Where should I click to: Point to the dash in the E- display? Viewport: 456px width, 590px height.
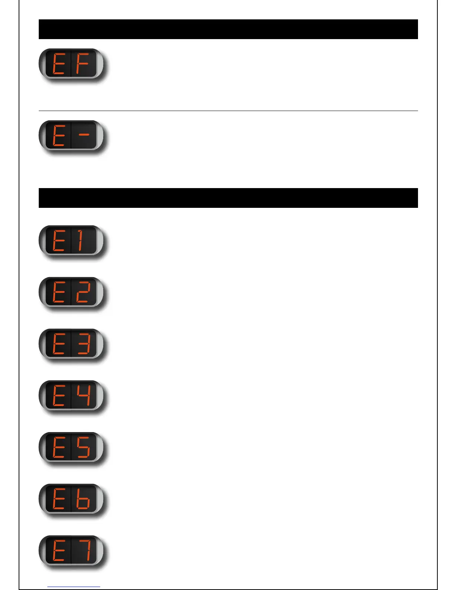[84, 135]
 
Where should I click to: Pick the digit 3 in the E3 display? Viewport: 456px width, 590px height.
[84, 345]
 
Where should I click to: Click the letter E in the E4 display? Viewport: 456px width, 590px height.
[59, 396]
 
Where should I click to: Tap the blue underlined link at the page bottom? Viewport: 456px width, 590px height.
[74, 587]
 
